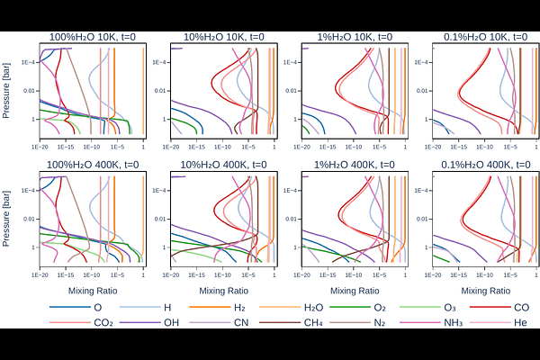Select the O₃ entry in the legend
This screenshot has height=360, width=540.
point(439,308)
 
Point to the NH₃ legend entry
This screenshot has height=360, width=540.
point(439,322)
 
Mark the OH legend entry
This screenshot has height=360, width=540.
point(162,322)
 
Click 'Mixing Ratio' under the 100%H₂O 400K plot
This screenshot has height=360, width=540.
point(93,291)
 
